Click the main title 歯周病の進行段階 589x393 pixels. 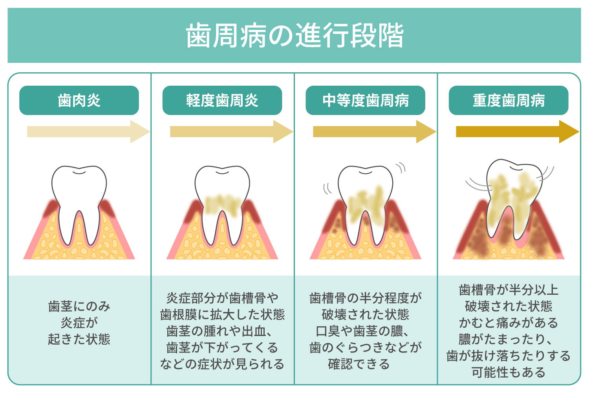tap(294, 35)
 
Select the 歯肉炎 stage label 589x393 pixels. tap(79, 100)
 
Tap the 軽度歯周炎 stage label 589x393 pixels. tap(222, 100)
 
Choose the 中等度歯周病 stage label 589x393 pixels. tap(366, 100)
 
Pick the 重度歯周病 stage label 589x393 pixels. tap(509, 100)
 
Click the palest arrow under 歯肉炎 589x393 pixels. tap(89, 132)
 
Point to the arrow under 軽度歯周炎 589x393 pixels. tap(232, 132)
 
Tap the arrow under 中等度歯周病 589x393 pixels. tap(375, 132)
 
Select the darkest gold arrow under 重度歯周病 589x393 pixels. tap(518, 132)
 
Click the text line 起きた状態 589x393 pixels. tap(79, 339)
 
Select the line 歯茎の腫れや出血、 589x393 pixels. tap(219, 331)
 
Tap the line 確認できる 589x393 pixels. tap(359, 364)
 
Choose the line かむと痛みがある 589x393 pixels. tap(509, 323)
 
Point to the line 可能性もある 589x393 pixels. tap(509, 372)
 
